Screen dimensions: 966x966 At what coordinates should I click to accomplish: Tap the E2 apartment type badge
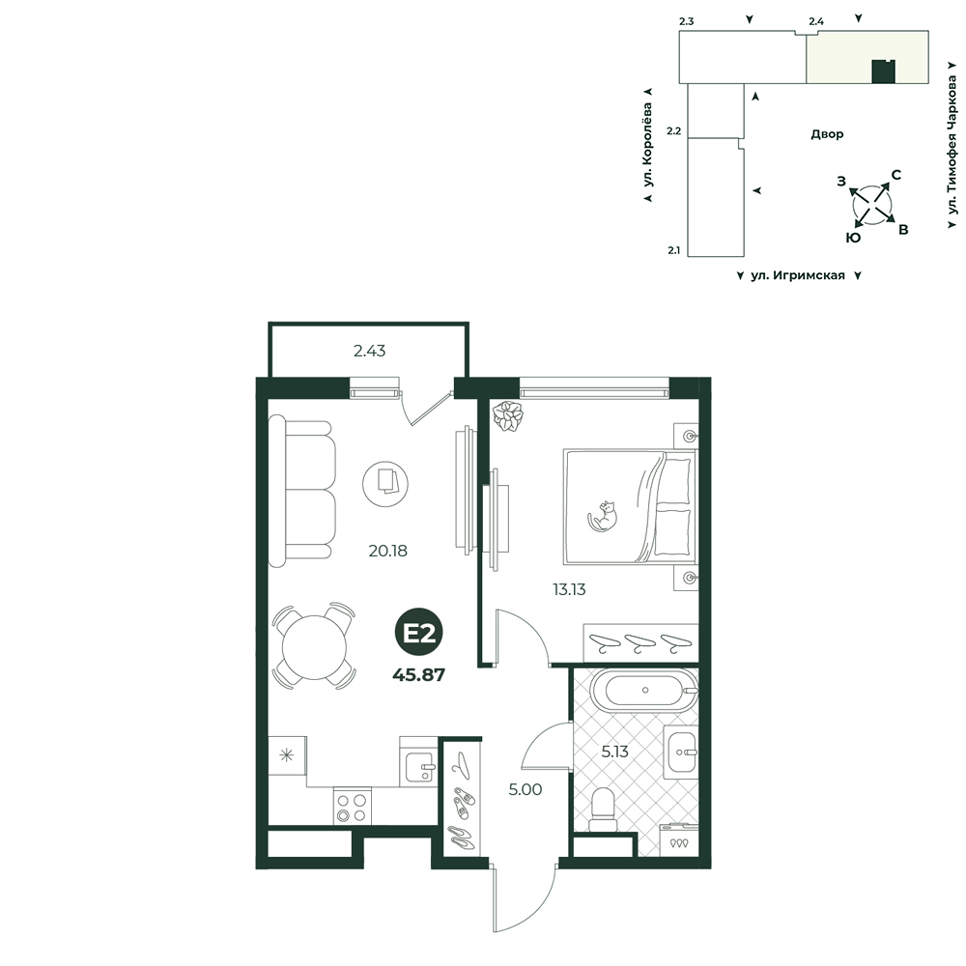[x=419, y=633]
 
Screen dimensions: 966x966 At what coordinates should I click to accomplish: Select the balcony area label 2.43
[x=370, y=351]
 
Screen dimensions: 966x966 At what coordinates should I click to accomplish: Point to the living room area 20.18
[x=387, y=551]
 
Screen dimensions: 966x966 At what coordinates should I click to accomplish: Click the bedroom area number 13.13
[x=569, y=589]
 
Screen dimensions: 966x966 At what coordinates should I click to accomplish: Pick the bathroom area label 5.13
[x=614, y=752]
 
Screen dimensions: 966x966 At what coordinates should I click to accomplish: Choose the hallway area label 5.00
[x=525, y=789]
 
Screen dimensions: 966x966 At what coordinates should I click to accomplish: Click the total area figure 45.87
[x=419, y=675]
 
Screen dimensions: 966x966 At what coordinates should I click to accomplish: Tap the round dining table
[x=315, y=647]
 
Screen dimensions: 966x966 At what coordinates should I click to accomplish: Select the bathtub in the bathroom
[x=643, y=690]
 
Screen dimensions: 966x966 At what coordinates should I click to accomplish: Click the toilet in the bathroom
[x=603, y=810]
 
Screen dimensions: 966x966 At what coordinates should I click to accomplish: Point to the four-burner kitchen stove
[x=353, y=806]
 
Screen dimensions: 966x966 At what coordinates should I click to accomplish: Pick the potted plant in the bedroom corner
[x=508, y=415]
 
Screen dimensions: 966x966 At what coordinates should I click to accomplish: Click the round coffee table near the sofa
[x=385, y=484]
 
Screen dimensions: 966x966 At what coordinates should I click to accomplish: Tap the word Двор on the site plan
[x=827, y=134]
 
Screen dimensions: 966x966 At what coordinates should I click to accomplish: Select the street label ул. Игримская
[x=798, y=275]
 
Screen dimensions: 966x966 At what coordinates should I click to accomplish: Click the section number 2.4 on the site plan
[x=816, y=21]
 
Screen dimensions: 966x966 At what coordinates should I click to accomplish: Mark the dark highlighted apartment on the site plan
[x=884, y=71]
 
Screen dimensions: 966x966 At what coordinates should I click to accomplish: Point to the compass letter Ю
[x=853, y=238]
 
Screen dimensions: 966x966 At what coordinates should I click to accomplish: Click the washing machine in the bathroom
[x=679, y=839]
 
